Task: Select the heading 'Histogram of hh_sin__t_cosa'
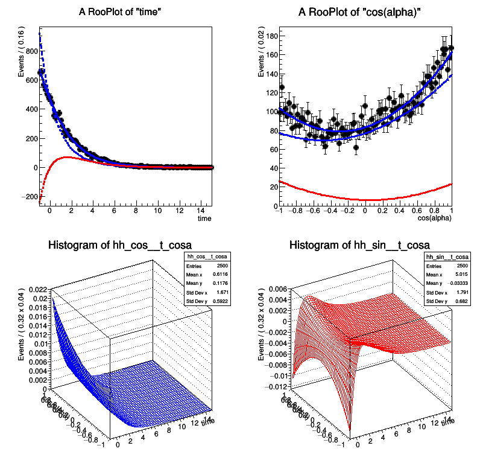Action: pos(360,245)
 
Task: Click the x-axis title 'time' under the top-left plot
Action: pos(205,219)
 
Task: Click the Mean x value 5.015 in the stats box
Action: pos(463,275)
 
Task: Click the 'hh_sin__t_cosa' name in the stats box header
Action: pos(448,257)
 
